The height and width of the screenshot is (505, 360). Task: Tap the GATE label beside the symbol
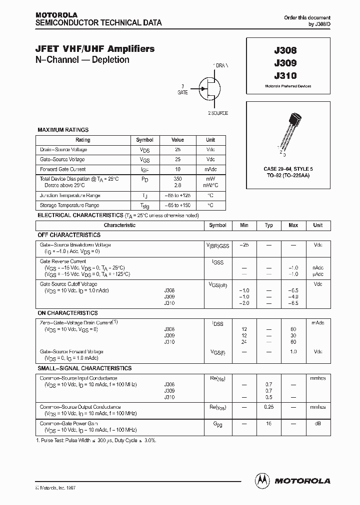pyautogui.click(x=182, y=92)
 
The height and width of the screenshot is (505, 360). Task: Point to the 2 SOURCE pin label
pyautogui.click(x=217, y=113)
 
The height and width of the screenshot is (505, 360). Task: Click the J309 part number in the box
pyautogui.click(x=285, y=63)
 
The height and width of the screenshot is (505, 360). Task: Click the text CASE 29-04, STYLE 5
pyautogui.click(x=288, y=170)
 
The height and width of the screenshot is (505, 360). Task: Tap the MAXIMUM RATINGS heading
pyautogui.click(x=63, y=130)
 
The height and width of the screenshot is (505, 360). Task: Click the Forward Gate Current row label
pyautogui.click(x=63, y=169)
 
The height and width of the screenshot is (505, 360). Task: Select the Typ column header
pyautogui.click(x=268, y=226)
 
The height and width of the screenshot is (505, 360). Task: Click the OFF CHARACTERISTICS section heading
pyautogui.click(x=69, y=235)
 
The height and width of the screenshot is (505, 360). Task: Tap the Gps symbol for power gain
pyautogui.click(x=217, y=424)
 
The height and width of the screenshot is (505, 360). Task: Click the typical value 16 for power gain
pyautogui.click(x=268, y=423)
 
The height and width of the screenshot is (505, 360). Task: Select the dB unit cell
pyautogui.click(x=317, y=423)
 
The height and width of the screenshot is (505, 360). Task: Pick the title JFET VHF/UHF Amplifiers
pyautogui.click(x=95, y=49)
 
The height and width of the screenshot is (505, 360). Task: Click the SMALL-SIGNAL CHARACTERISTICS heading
pyautogui.click(x=84, y=368)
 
